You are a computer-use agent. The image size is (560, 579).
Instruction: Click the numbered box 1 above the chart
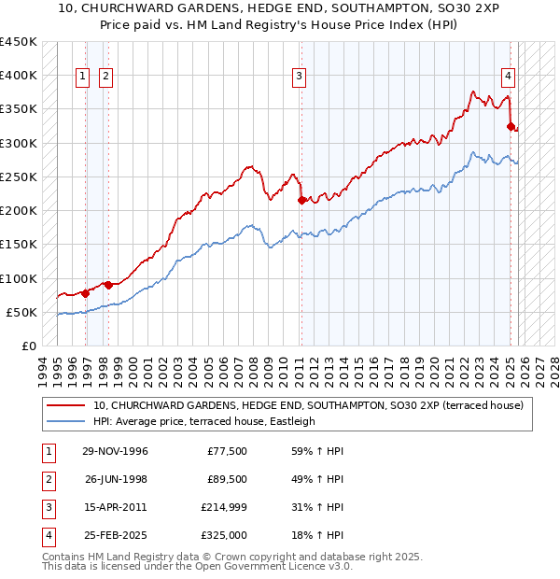[82, 77]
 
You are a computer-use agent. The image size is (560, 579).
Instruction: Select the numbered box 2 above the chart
[105, 77]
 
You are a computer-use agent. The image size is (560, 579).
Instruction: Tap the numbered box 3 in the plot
[298, 77]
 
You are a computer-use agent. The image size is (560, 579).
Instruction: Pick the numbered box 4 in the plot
[508, 77]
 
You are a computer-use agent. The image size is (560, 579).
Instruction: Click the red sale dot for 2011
[301, 200]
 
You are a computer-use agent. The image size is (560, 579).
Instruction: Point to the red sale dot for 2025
[511, 126]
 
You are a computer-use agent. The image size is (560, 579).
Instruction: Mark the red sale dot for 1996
[86, 293]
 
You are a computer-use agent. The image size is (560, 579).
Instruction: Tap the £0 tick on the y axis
[29, 346]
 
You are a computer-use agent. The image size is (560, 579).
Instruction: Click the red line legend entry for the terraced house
[308, 405]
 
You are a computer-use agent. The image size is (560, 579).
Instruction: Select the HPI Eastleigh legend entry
[204, 421]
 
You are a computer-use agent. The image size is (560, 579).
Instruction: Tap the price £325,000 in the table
[224, 535]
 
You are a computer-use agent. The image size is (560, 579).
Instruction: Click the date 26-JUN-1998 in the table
[115, 479]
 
